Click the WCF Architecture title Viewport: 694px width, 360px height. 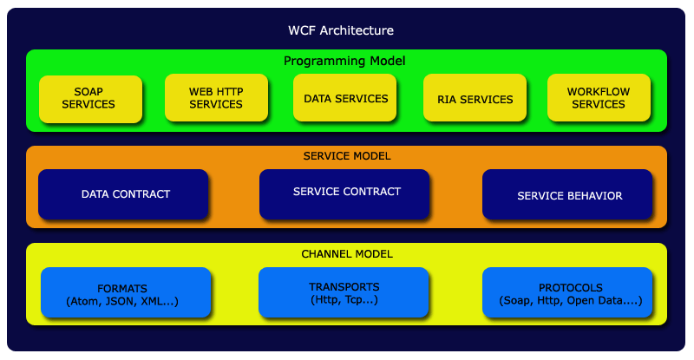pos(341,30)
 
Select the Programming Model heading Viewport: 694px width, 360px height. pos(344,61)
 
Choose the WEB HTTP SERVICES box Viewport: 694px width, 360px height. pos(216,98)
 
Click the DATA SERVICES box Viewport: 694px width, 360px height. pos(345,98)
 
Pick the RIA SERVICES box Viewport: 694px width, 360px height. pos(475,99)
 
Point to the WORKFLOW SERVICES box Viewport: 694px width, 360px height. pos(599,98)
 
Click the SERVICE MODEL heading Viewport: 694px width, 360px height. pos(346,156)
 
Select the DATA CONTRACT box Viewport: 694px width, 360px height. pos(124,194)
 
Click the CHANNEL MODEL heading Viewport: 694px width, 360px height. pos(346,254)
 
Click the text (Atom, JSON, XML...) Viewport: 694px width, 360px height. pos(122,301)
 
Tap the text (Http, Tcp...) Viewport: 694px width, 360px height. pos(344,300)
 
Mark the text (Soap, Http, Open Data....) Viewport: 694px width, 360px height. pos(570,301)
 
